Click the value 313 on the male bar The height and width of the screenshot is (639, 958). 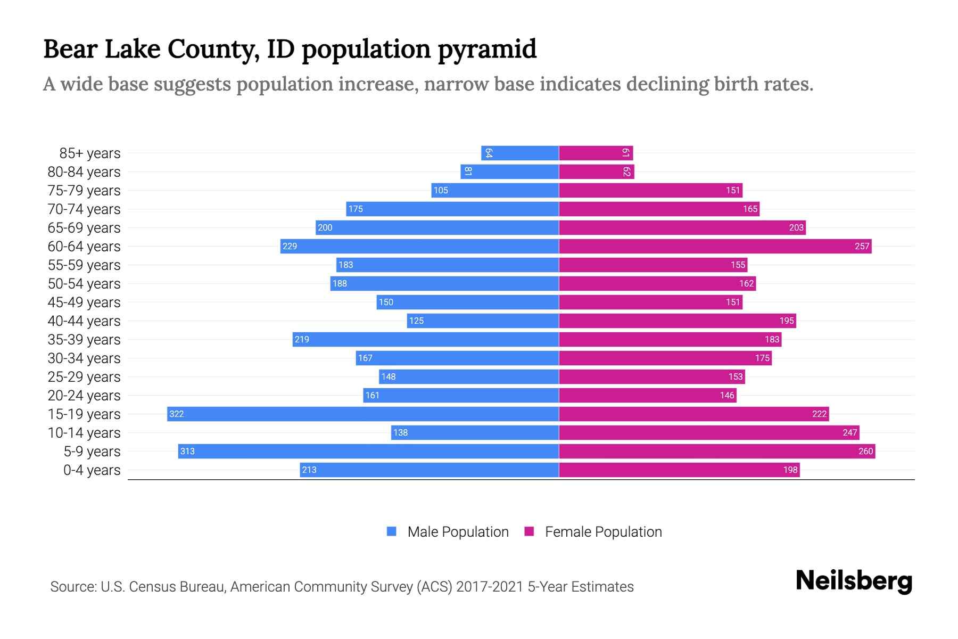point(187,451)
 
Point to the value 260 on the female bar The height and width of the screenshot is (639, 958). point(865,451)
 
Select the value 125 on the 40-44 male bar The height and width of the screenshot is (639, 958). point(416,321)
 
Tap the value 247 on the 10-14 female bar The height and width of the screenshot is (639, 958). point(849,432)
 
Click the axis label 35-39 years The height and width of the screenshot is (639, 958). point(84,339)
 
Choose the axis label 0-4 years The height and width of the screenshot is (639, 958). point(92,470)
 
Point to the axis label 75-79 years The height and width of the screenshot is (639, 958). point(84,190)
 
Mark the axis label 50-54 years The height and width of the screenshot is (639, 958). point(84,283)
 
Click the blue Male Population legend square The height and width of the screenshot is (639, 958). point(392,531)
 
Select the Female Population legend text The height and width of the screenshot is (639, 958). point(603,531)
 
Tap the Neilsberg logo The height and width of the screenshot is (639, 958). point(854,581)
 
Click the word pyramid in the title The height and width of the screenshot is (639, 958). point(487,49)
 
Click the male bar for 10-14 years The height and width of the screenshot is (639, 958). point(475,432)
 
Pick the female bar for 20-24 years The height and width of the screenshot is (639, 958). point(647,395)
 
